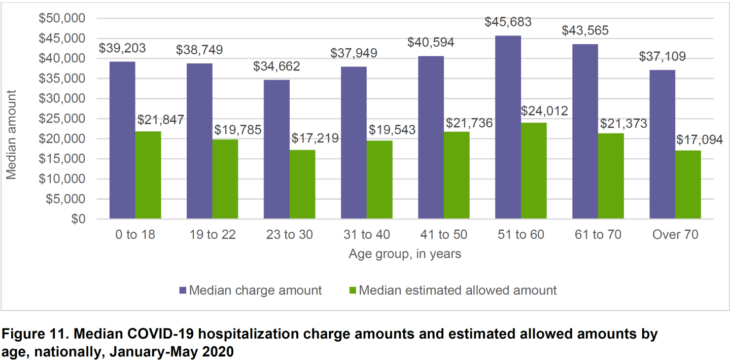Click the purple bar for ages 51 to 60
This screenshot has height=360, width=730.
(508, 127)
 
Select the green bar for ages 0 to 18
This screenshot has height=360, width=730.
(148, 175)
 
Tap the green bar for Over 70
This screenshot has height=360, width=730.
(688, 185)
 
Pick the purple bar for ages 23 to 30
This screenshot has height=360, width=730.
(276, 149)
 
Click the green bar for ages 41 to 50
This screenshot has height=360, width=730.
(457, 175)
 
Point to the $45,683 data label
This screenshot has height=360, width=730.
(508, 23)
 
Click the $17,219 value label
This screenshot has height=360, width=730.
(315, 138)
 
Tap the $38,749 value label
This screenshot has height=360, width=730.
(199, 50)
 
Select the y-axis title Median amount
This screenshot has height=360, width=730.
(11, 134)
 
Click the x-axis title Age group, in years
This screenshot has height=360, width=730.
(405, 254)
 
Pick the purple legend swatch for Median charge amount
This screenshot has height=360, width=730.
(183, 291)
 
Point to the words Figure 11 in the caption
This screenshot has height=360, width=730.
(29, 335)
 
